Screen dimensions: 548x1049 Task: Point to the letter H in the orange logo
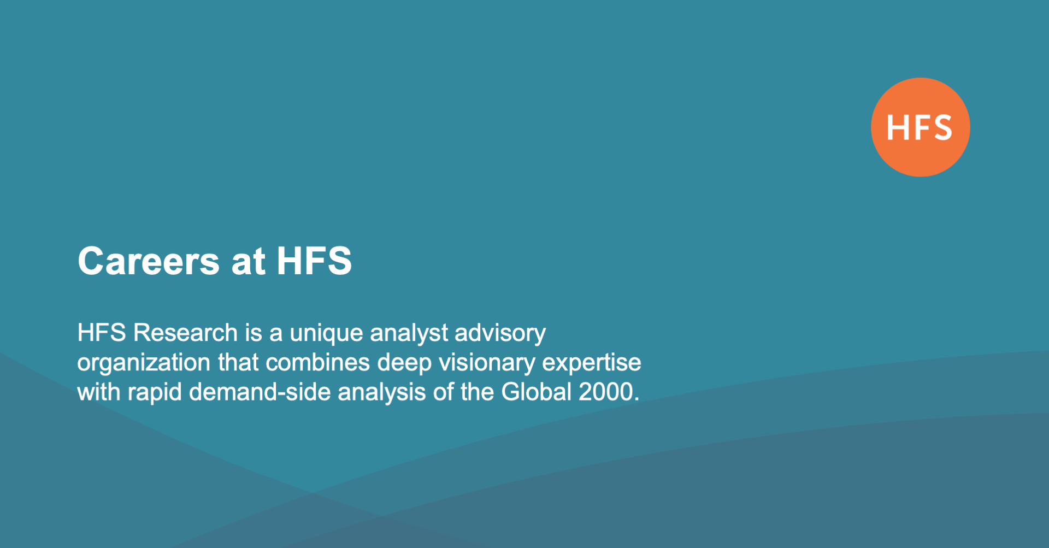[897, 128]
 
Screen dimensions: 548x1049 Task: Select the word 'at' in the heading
[248, 261]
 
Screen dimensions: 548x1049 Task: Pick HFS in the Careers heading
[314, 261]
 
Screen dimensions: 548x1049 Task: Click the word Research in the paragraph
[185, 333]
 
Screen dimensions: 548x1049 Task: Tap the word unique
[326, 333]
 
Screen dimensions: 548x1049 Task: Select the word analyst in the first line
[409, 333]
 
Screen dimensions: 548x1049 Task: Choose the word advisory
[500, 333]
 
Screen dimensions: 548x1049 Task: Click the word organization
[144, 363]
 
